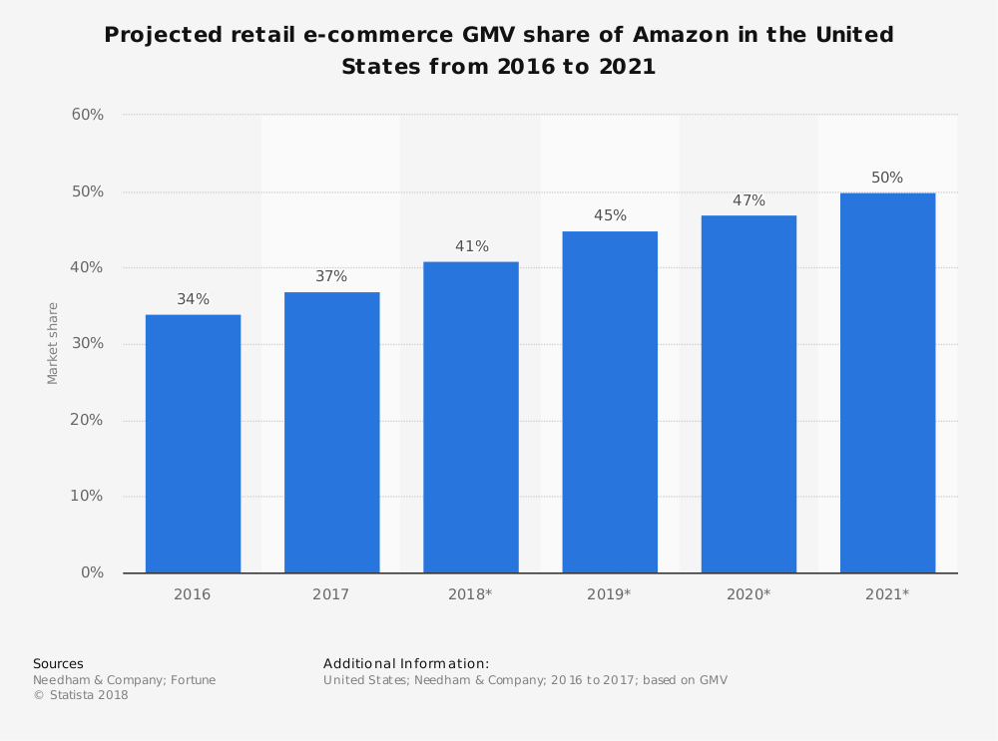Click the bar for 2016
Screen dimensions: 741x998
(x=193, y=444)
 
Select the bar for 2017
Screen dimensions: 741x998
(x=331, y=432)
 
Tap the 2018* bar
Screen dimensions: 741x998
(x=470, y=417)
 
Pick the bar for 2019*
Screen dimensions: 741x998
(x=610, y=402)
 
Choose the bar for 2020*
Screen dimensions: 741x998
(x=748, y=394)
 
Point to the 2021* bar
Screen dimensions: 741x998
(x=887, y=383)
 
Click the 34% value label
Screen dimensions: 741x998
(x=193, y=299)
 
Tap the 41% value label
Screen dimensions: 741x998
(x=470, y=246)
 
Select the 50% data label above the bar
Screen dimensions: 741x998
(x=887, y=178)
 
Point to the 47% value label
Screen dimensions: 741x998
(x=748, y=200)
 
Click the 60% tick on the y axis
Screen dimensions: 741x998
(x=87, y=115)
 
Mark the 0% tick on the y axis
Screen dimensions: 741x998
(x=92, y=572)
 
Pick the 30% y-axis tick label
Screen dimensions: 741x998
(x=87, y=344)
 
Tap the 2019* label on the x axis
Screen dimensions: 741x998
(x=610, y=594)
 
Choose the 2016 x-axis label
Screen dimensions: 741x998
(x=193, y=594)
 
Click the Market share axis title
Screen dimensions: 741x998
(x=53, y=343)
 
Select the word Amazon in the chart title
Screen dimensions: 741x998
(x=688, y=36)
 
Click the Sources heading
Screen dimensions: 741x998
(x=58, y=663)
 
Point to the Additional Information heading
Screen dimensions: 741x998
(x=406, y=663)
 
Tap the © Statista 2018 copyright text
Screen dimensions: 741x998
(x=81, y=695)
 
